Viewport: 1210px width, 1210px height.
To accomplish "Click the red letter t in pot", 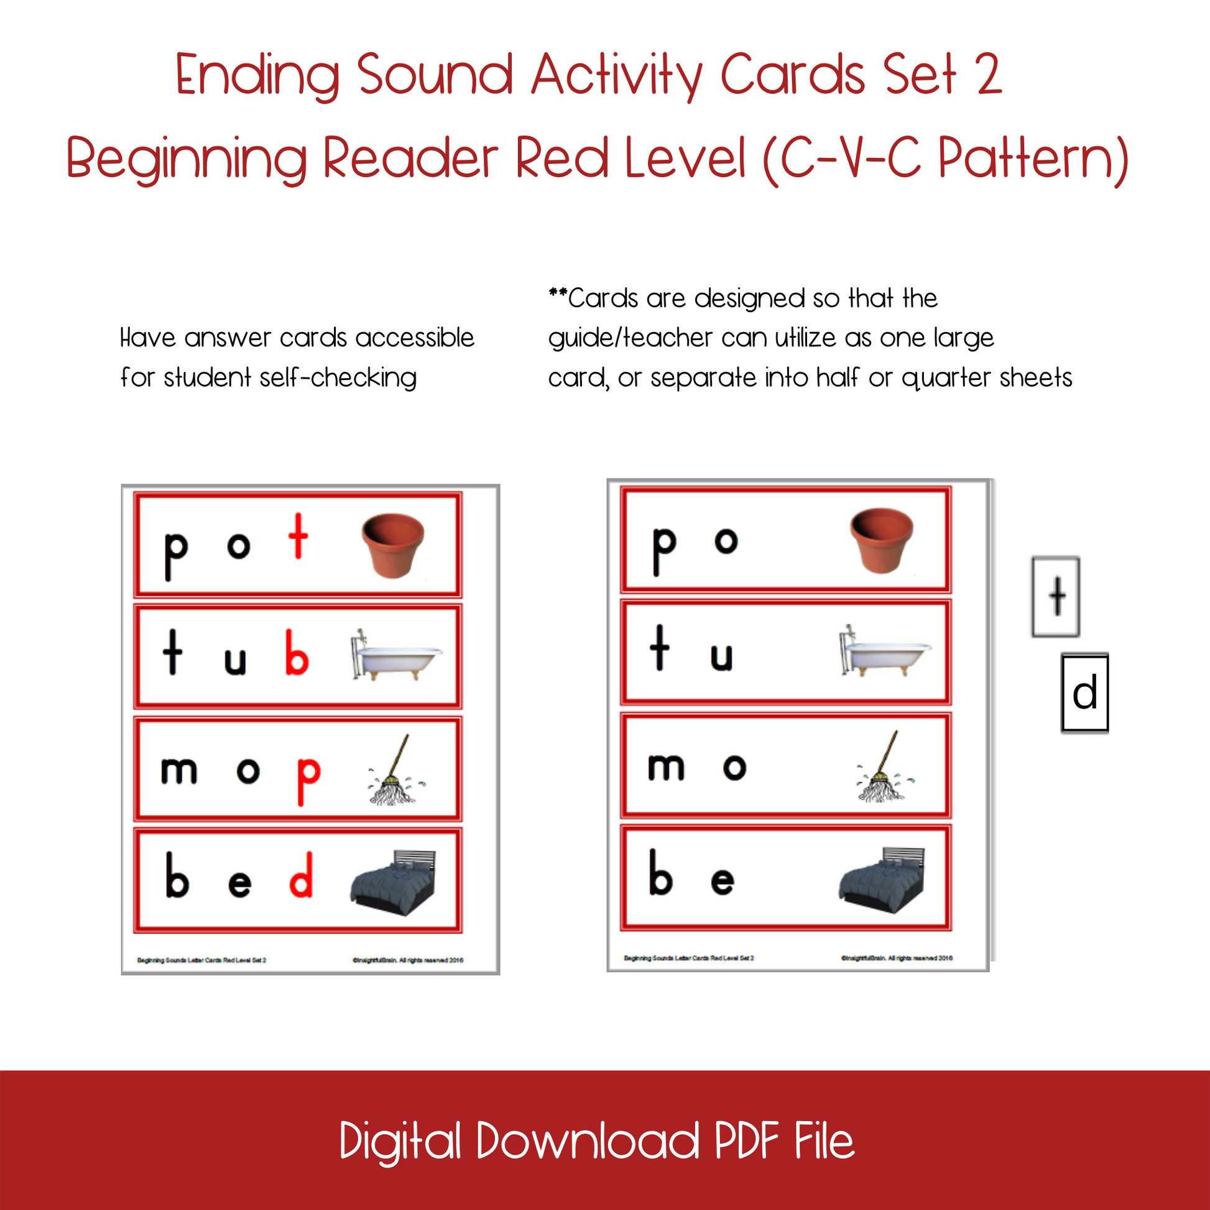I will [298, 536].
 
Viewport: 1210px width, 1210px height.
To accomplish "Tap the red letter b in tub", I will [297, 653].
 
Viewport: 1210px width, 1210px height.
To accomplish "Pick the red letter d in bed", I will [301, 875].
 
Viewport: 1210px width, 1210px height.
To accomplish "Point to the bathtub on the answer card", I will [396, 655].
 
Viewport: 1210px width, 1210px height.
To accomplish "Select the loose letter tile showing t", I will [1056, 597].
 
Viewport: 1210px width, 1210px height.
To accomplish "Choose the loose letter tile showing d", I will [1085, 693].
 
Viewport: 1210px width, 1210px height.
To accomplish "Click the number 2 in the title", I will [989, 75].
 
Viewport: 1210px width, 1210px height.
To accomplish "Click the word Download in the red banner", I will [588, 1140].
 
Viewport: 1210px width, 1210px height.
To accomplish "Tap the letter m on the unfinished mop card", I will [667, 767].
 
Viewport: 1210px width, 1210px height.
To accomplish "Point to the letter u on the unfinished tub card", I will [721, 657].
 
